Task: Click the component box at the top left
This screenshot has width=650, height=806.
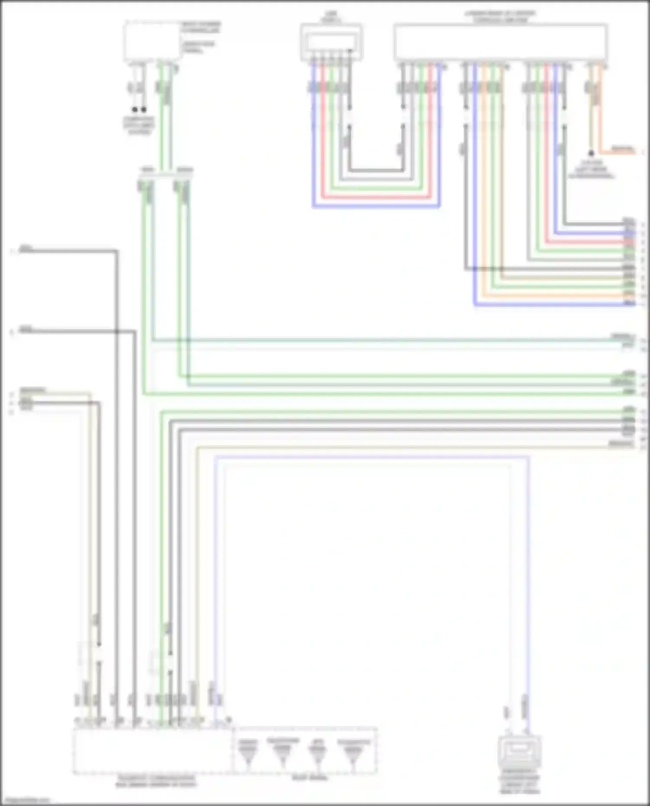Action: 152,41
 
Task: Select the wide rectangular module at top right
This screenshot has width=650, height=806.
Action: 500,42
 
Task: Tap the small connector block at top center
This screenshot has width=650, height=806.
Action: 331,42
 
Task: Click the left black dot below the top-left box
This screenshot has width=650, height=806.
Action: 135,110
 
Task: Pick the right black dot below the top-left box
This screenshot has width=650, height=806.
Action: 144,110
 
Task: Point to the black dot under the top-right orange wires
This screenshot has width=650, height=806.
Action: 591,153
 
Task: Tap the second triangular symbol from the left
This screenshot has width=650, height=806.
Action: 283,754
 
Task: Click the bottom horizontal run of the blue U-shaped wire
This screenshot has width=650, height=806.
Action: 376,207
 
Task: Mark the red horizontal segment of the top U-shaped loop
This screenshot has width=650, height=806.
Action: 376,197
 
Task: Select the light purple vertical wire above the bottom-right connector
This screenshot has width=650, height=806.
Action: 528,563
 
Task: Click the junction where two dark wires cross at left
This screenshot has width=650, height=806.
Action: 117,332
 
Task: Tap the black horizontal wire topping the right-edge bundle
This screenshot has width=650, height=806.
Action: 594,224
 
